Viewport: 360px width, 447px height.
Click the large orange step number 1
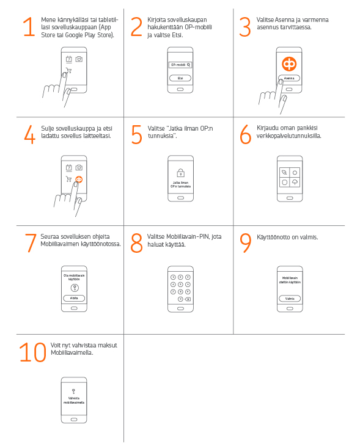click(x=29, y=27)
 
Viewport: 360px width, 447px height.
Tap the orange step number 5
click(x=137, y=134)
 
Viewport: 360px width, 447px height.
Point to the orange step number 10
click(x=33, y=352)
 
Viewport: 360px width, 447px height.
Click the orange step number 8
click(x=137, y=243)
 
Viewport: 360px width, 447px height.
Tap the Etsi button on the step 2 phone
click(x=180, y=78)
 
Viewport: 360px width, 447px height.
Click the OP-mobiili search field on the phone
click(x=180, y=65)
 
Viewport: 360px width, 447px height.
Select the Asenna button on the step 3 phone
click(x=289, y=78)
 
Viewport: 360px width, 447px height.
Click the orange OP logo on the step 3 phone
click(x=289, y=64)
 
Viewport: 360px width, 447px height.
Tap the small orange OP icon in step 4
click(x=79, y=180)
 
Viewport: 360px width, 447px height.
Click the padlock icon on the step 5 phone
click(x=180, y=173)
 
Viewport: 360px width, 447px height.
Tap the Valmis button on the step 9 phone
click(x=290, y=299)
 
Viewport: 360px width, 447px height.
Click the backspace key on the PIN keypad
click(x=188, y=299)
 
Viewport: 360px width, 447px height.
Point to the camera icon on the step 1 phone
click(x=79, y=59)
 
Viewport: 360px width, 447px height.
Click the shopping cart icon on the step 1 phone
click(x=68, y=70)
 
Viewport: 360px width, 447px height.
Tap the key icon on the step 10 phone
click(x=73, y=391)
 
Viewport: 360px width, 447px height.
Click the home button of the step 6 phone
click(x=290, y=198)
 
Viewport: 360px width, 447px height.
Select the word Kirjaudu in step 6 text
click(x=267, y=128)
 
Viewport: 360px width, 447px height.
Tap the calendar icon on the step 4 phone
click(x=68, y=167)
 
